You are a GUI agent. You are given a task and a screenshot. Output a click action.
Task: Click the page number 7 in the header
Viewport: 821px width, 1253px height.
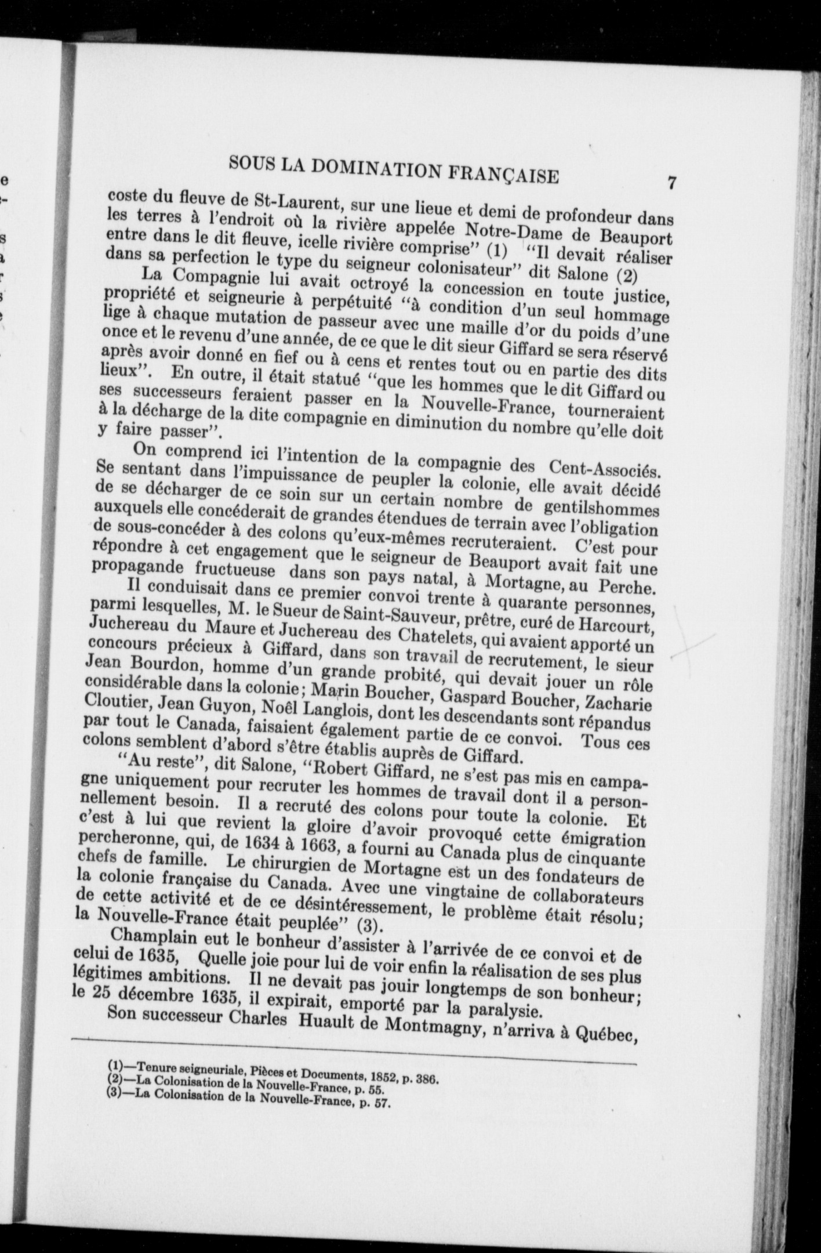[671, 183]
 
